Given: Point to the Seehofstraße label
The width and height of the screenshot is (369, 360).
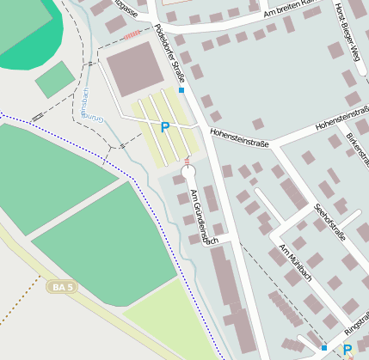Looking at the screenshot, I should [329, 223].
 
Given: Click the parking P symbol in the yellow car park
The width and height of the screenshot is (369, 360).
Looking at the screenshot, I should [165, 127].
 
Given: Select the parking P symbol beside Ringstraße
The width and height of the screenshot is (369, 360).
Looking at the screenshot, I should [347, 350].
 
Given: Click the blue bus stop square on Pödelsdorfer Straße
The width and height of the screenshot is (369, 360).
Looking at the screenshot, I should [181, 89].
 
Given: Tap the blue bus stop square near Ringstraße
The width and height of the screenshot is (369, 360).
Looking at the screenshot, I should [323, 347].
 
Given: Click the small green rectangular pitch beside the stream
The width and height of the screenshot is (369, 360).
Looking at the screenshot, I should [55, 79].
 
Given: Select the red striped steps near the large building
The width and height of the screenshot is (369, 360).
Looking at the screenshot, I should [132, 35].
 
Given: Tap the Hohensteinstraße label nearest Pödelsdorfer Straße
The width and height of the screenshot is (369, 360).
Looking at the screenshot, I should [240, 136].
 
